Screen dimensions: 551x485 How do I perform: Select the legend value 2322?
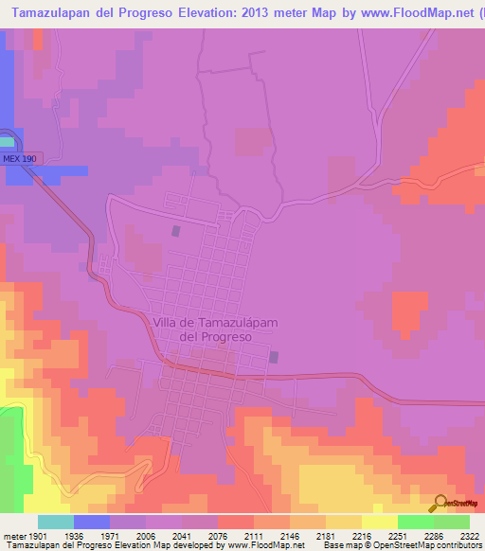[469, 536]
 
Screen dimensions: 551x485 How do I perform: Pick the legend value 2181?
[325, 536]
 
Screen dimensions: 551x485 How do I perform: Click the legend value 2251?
[397, 536]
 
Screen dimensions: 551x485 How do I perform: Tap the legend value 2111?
[253, 536]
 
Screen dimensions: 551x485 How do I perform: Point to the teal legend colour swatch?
[55, 522]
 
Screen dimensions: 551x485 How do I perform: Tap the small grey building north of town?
[175, 230]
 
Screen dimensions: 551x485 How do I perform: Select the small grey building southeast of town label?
[274, 358]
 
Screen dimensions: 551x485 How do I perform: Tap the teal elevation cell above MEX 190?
[8, 141]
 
